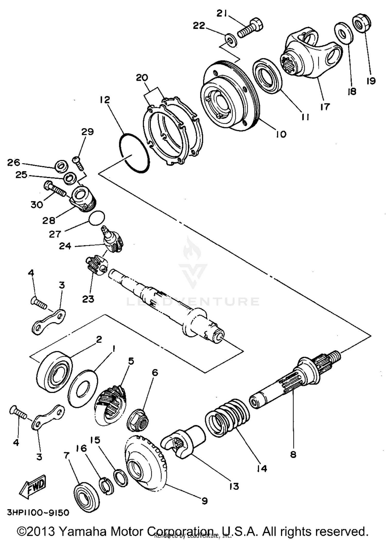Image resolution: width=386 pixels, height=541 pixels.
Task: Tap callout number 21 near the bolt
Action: click(222, 14)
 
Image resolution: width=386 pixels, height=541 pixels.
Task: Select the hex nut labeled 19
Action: click(362, 24)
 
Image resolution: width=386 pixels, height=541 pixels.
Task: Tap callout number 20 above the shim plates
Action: click(142, 78)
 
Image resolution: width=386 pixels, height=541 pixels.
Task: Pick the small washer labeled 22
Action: click(229, 40)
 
